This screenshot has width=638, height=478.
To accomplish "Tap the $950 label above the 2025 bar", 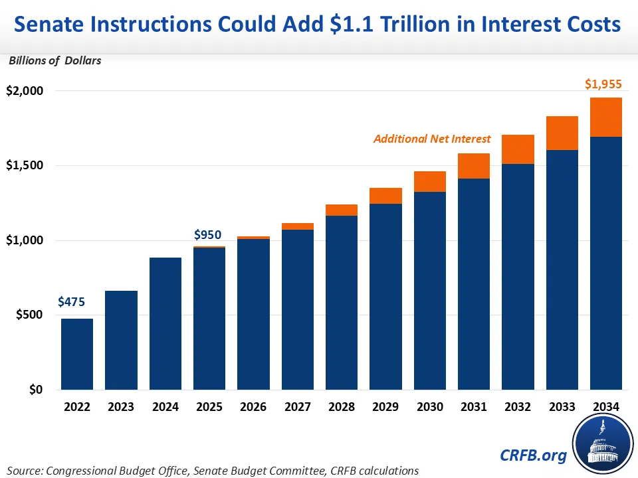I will [207, 234].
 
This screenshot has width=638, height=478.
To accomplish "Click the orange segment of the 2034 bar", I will [605, 117].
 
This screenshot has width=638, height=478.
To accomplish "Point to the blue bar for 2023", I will [121, 340].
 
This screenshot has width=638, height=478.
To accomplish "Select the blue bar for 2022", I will [77, 354].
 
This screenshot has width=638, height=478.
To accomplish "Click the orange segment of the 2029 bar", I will [385, 196].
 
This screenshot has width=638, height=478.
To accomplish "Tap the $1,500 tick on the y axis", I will [23, 165].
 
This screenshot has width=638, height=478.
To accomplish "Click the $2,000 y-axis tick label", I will [23, 90].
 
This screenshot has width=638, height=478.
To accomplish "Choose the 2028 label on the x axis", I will [342, 406].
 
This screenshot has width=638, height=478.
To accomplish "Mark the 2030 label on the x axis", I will [429, 406].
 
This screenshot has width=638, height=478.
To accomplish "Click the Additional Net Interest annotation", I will [432, 139].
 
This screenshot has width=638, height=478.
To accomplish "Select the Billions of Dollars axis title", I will [54, 61].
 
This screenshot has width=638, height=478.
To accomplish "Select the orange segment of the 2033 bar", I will [562, 133].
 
